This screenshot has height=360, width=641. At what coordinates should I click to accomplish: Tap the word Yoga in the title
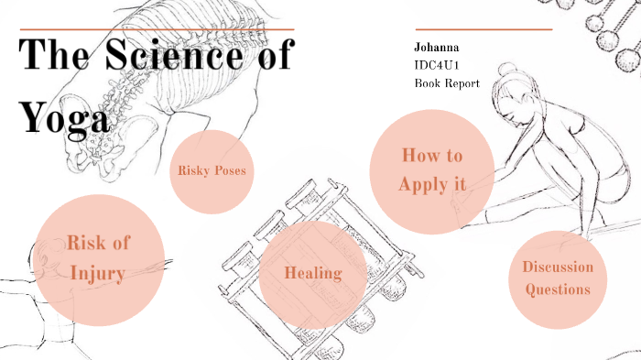[66, 116]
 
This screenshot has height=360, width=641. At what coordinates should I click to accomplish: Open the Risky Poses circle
[212, 171]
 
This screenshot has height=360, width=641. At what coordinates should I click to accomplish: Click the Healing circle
[313, 273]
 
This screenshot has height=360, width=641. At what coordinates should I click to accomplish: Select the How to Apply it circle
[431, 170]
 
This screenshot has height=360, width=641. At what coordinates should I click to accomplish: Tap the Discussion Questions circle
[558, 279]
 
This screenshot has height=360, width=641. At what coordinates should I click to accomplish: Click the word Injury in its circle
[98, 273]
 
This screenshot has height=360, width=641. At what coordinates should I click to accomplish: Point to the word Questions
[558, 289]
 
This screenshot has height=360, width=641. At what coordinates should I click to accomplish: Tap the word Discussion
[558, 267]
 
